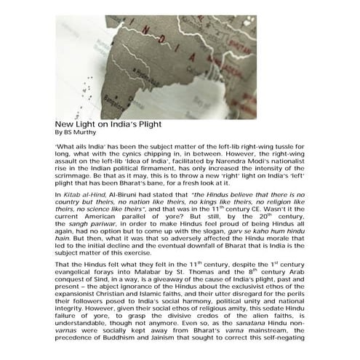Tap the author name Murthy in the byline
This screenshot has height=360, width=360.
click(84, 132)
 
